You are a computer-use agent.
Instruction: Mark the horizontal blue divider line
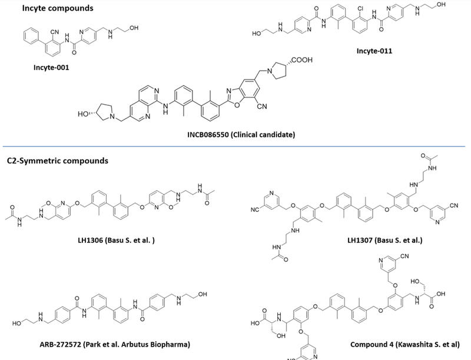pyautogui.click(x=235, y=146)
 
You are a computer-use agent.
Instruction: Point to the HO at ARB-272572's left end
pyautogui.click(x=18, y=324)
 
